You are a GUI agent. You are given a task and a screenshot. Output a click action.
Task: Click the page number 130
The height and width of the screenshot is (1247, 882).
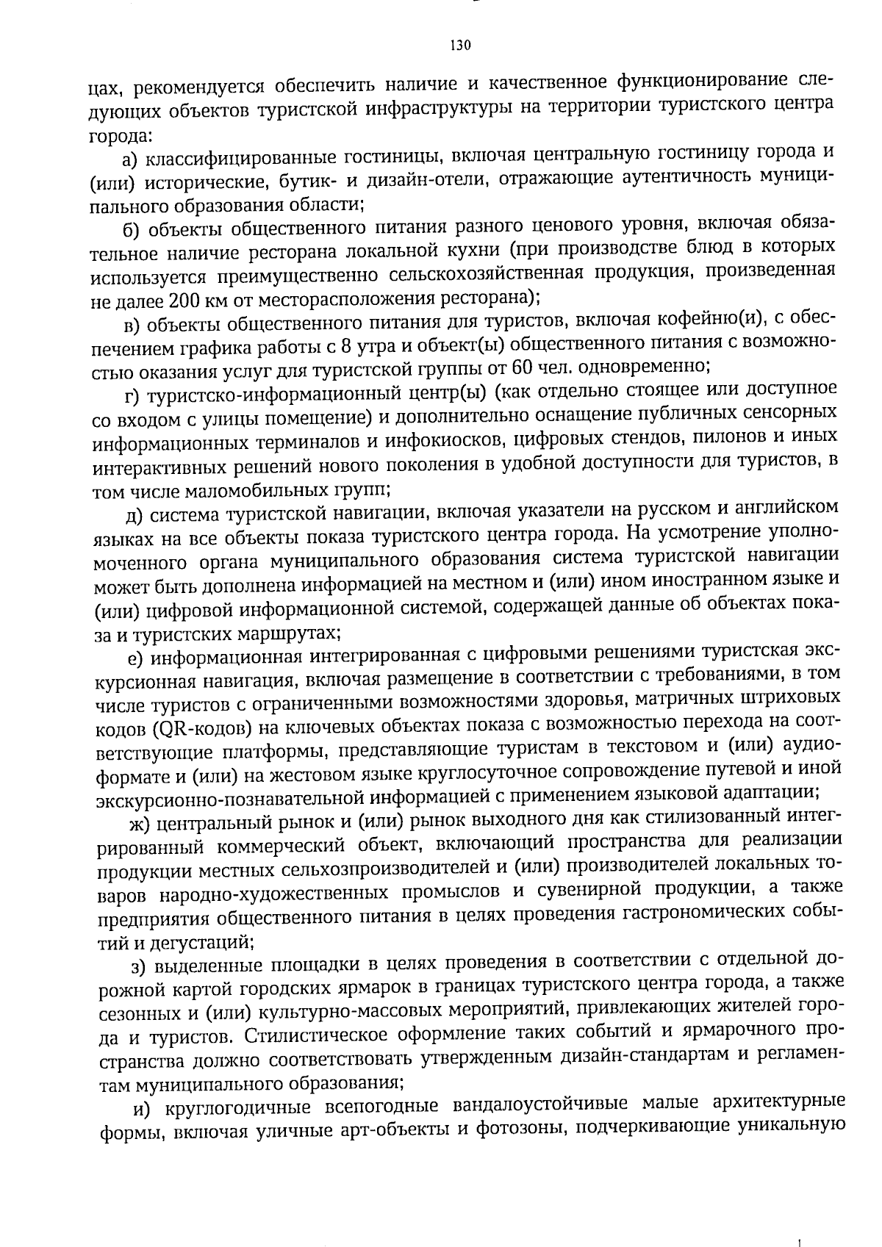(459, 46)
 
